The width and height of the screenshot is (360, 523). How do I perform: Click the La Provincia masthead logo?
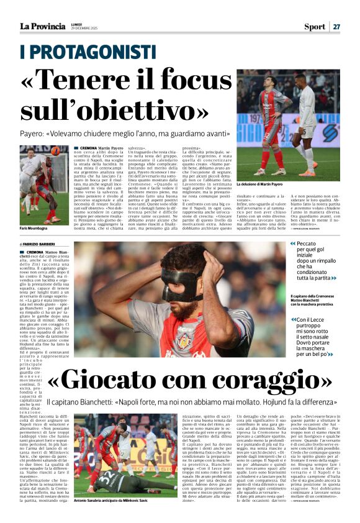(42, 26)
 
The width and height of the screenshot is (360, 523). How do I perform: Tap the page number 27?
(336, 26)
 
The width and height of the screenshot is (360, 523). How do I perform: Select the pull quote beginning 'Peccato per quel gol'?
(317, 261)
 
